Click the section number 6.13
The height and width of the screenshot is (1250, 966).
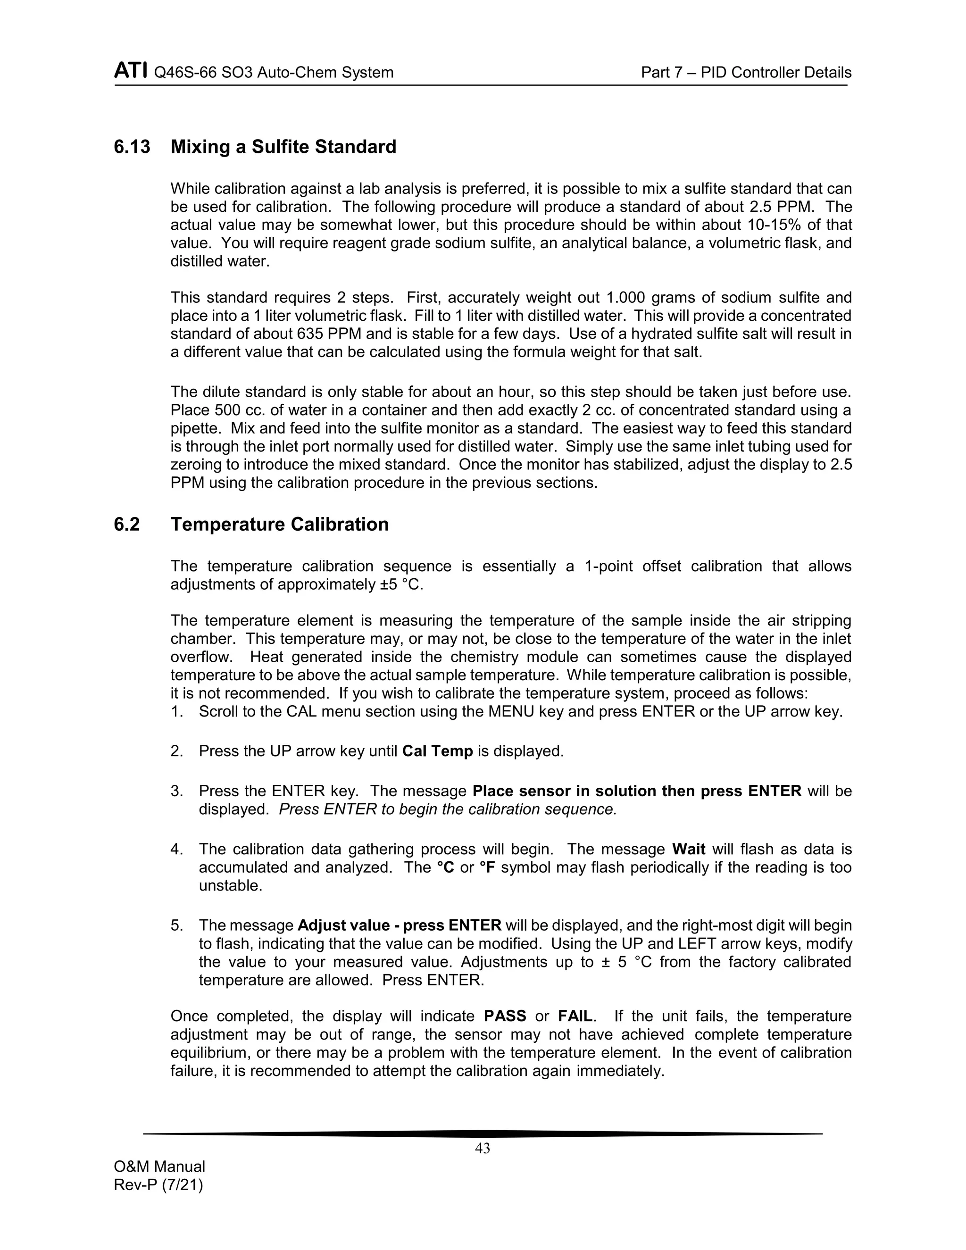coord(132,147)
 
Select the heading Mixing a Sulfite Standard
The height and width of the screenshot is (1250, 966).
coord(283,147)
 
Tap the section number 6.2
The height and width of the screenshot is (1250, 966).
coord(126,524)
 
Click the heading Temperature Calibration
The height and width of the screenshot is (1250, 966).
coord(279,524)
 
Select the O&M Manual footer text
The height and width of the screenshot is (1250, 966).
coord(159,1167)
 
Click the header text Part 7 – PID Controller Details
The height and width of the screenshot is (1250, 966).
coord(746,73)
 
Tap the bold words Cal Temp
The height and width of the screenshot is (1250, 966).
coord(437,751)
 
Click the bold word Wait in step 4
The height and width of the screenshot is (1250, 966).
coord(689,850)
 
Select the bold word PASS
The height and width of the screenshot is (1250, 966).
coord(505,1017)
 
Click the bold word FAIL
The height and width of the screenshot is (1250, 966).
coord(576,1017)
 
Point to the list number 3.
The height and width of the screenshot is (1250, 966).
coord(176,791)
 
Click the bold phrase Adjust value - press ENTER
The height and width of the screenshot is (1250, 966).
coord(400,925)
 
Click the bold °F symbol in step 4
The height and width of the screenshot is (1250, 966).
coord(487,867)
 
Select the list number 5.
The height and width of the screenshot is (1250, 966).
coord(176,925)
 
